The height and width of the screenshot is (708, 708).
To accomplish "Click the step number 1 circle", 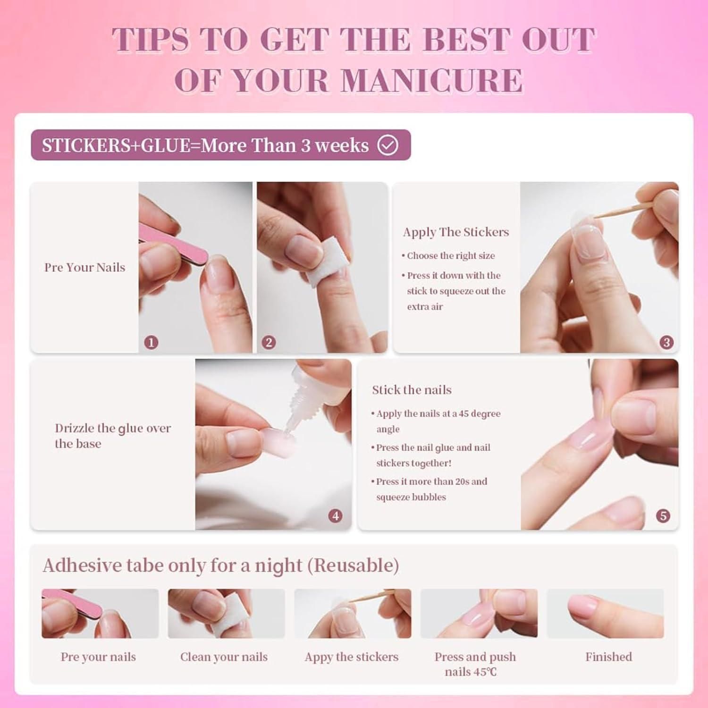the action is [151, 342].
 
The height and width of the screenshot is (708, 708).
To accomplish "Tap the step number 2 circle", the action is [269, 342].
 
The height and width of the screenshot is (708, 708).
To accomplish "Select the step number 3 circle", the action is [666, 342].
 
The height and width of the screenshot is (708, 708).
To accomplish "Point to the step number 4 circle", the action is [336, 516].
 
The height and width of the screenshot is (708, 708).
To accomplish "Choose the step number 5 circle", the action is [663, 516].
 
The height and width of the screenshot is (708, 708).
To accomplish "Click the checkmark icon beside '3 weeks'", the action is [388, 145].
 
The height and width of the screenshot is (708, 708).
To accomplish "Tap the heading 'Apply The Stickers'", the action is [456, 232].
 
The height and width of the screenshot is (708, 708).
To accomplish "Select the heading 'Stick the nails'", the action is [412, 389].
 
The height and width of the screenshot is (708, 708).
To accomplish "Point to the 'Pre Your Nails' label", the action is [85, 267].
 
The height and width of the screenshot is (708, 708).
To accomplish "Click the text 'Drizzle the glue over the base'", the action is [113, 436].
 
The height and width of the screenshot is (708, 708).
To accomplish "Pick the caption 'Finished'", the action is [608, 657].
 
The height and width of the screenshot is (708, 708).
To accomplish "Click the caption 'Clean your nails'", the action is [224, 657].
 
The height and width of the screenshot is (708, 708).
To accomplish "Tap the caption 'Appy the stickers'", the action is [352, 657].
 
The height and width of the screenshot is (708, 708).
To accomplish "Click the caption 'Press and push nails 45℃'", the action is [475, 664].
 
